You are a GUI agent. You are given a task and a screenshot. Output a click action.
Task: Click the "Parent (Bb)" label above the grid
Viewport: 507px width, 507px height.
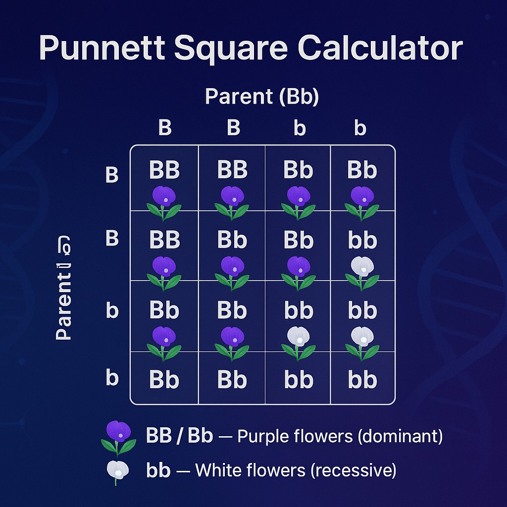262,97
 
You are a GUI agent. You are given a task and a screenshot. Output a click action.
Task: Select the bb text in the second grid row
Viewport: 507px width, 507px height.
362,240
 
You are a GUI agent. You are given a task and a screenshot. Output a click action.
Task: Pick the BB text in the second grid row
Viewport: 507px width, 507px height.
165,240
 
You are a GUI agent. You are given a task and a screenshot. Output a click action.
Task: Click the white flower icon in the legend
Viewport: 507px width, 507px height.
118,471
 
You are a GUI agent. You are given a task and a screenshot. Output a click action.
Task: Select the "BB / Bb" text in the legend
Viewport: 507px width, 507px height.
180,436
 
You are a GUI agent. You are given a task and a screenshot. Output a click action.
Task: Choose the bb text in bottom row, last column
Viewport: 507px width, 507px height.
362,380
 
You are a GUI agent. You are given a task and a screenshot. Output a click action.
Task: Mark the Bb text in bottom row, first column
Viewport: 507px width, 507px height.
165,380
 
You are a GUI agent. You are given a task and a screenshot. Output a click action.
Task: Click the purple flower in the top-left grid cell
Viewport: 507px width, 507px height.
164,198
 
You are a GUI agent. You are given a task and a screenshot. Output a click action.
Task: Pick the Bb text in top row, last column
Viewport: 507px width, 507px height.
362,170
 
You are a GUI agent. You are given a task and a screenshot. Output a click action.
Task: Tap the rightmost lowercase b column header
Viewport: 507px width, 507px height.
360,128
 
